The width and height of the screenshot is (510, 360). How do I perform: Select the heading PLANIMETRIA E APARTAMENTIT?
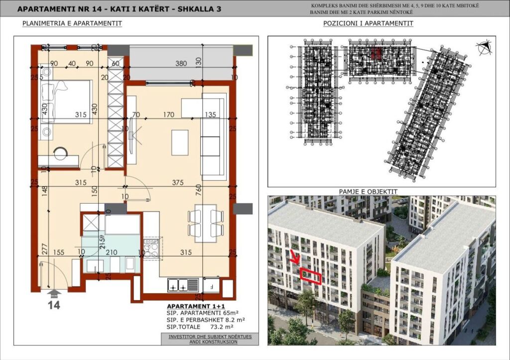pos(72,23)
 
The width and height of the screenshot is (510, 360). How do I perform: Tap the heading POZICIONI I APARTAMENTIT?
pos(368,23)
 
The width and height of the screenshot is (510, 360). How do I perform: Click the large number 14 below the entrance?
pos(53,305)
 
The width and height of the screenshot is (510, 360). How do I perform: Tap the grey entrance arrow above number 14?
pos(53,293)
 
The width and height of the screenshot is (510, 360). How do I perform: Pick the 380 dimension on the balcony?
pos(181,63)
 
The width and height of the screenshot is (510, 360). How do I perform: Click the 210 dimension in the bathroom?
pos(112,253)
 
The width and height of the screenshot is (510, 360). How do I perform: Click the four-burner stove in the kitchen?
pos(151,247)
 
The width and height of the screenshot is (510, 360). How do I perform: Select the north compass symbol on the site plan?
pos(483,48)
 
